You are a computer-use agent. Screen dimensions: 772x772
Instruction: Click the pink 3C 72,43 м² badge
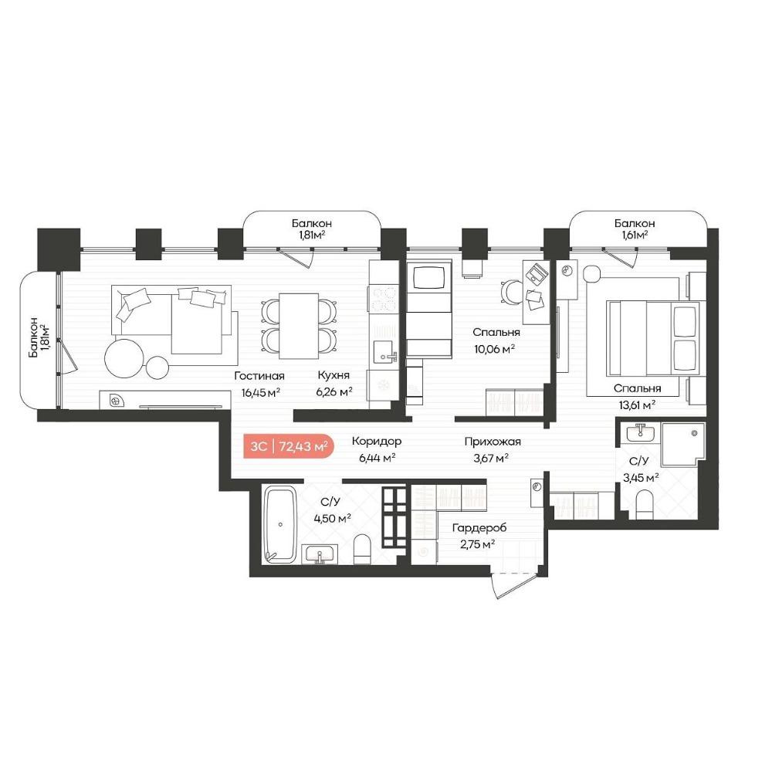[x=289, y=446]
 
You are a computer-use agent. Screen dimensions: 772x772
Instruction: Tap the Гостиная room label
[x=259, y=376]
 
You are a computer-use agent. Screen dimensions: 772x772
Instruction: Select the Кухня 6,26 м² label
[x=334, y=384]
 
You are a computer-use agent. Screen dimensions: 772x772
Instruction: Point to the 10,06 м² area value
[x=494, y=349]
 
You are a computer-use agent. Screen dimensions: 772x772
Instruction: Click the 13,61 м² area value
[x=637, y=405]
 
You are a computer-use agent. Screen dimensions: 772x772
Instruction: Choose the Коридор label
[x=377, y=441]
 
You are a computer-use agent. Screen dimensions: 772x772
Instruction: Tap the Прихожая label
[x=493, y=442]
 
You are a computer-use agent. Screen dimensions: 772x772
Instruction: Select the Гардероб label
[x=479, y=528]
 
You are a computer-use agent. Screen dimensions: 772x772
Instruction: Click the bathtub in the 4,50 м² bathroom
[x=280, y=524]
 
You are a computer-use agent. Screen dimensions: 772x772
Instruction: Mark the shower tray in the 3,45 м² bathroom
[x=682, y=444]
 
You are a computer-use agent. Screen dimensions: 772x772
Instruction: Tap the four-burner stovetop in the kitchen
[x=384, y=299]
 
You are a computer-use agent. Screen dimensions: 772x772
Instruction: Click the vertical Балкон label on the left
[x=32, y=338]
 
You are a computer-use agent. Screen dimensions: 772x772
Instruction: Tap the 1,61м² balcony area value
[x=634, y=235]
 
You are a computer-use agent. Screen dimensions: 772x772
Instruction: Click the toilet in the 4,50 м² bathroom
[x=362, y=549]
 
